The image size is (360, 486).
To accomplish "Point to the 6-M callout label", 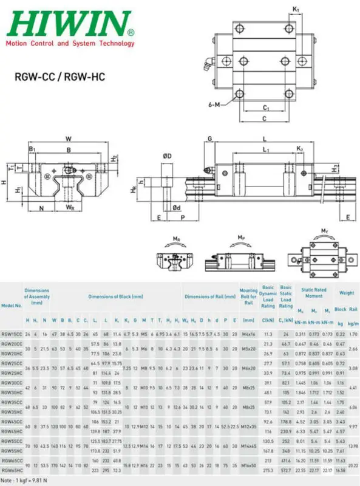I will (x=214, y=104).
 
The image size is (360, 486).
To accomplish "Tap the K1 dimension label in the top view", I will (x=296, y=9).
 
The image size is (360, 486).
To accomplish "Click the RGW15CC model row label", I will (x=12, y=334).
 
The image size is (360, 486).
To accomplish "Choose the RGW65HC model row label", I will (x=12, y=470).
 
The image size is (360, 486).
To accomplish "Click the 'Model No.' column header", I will (x=11, y=305).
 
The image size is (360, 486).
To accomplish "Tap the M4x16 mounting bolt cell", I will (x=248, y=334).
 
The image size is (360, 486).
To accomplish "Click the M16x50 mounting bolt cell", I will (x=248, y=466).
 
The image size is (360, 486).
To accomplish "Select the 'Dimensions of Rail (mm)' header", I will (x=209, y=296).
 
